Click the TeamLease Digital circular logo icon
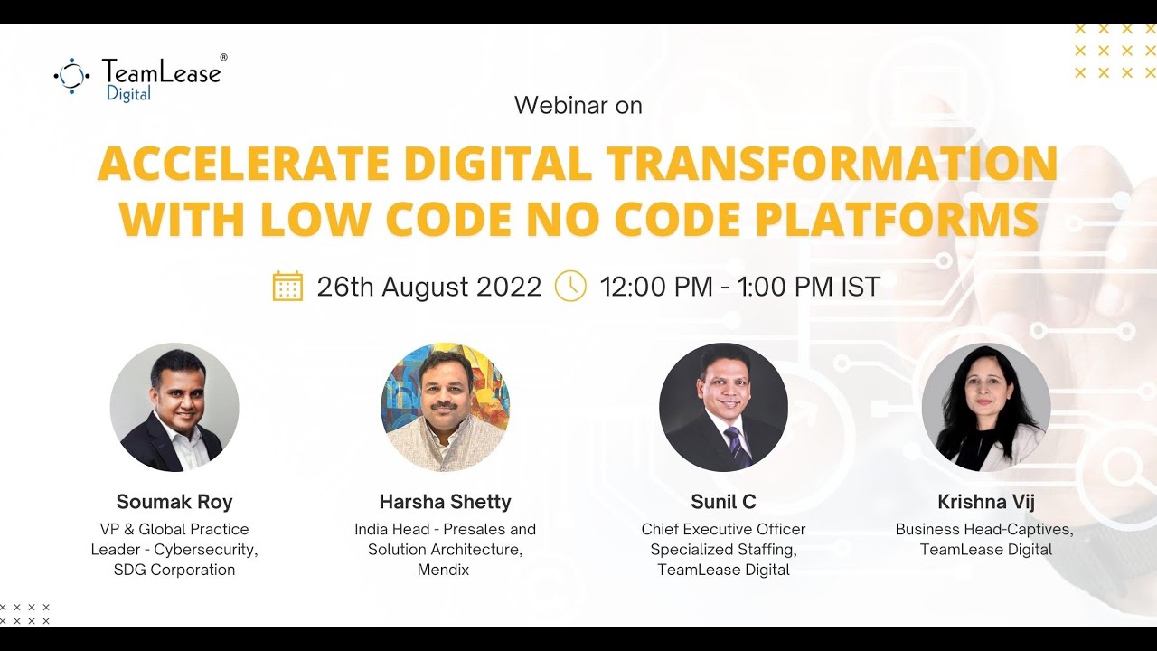click(72, 76)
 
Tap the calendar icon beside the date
click(287, 286)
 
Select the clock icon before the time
click(570, 286)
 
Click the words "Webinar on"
click(578, 106)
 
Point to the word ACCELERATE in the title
click(243, 164)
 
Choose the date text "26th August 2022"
click(428, 288)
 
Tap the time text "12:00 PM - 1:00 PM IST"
click(739, 288)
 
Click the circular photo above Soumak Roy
click(174, 407)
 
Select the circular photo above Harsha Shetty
click(445, 407)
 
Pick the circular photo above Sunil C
click(723, 407)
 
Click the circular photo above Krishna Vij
click(986, 407)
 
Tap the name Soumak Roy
click(174, 502)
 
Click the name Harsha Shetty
click(445, 502)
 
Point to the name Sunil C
click(723, 502)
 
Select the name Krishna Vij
click(986, 502)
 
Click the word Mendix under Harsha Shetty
click(444, 570)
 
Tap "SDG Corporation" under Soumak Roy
click(174, 570)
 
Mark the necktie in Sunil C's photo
click(734, 446)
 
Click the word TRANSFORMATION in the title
click(832, 164)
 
